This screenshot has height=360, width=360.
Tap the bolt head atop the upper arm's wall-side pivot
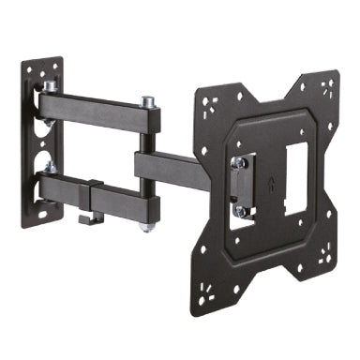pos(49,86)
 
